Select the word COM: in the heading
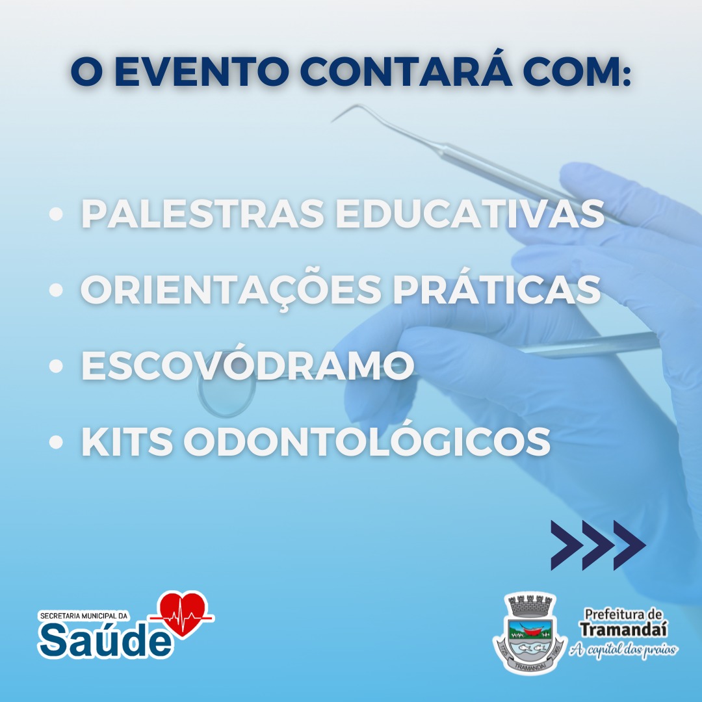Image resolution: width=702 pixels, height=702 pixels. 577,71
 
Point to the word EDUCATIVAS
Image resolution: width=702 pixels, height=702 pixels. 470,214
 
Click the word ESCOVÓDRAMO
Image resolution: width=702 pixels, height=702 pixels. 248,362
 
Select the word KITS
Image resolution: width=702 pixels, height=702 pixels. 127,442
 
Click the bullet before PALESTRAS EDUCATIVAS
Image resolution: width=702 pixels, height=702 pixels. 56,214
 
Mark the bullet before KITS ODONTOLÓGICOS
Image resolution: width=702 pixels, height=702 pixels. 56,442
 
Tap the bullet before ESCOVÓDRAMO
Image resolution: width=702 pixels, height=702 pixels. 56,366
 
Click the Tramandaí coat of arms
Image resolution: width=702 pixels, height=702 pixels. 530,633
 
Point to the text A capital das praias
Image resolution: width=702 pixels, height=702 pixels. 623,649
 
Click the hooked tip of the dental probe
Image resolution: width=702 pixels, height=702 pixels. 340,115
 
